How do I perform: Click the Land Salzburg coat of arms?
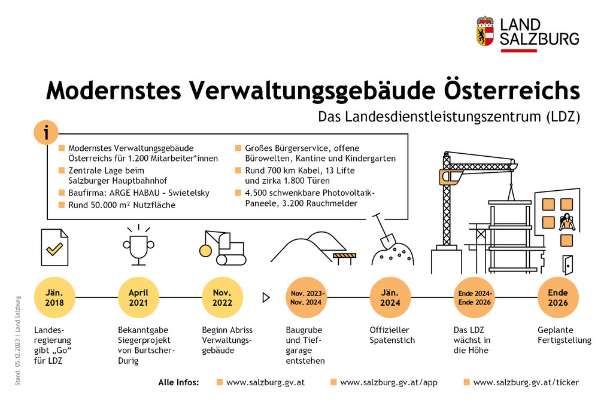pyautogui.click(x=485, y=31)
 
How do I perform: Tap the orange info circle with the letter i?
pyautogui.click(x=46, y=132)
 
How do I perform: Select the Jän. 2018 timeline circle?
pyautogui.click(x=54, y=297)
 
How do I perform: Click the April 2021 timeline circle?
pyautogui.click(x=138, y=297)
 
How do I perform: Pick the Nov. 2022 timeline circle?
pyautogui.click(x=223, y=297)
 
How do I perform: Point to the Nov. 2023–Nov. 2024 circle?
pyautogui.click(x=306, y=297)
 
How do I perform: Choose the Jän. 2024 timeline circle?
pyautogui.click(x=390, y=297)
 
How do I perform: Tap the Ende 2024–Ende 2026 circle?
pyautogui.click(x=474, y=297)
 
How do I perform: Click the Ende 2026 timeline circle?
pyautogui.click(x=558, y=297)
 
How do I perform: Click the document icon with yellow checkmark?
pyautogui.click(x=54, y=248)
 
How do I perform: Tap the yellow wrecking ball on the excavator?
pyautogui.click(x=205, y=251)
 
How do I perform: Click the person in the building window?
pyautogui.click(x=566, y=223)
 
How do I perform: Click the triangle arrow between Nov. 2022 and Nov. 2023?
pyautogui.click(x=266, y=297)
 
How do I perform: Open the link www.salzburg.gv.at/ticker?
pyautogui.click(x=526, y=382)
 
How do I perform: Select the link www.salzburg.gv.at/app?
pyautogui.click(x=389, y=382)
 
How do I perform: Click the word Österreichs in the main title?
pyautogui.click(x=512, y=90)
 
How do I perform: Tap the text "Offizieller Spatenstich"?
pyautogui.click(x=392, y=335)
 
